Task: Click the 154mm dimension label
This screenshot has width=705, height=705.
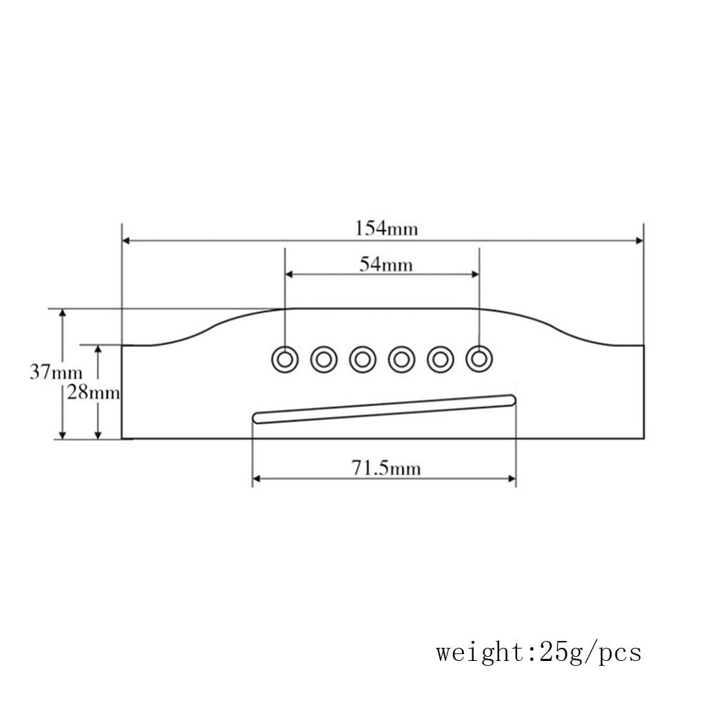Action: click(x=386, y=229)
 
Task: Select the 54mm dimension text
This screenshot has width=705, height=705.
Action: click(x=386, y=264)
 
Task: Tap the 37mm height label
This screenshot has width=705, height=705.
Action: click(x=56, y=372)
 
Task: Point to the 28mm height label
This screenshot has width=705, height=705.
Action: click(x=94, y=393)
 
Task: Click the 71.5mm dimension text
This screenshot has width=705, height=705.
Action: click(x=386, y=468)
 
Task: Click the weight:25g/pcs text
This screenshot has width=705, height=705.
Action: click(x=538, y=653)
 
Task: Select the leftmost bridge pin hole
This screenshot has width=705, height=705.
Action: click(x=284, y=359)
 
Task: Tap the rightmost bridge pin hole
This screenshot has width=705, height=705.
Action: click(x=479, y=359)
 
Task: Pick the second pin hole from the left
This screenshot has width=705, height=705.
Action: click(x=324, y=359)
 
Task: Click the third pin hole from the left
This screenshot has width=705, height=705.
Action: click(x=362, y=359)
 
